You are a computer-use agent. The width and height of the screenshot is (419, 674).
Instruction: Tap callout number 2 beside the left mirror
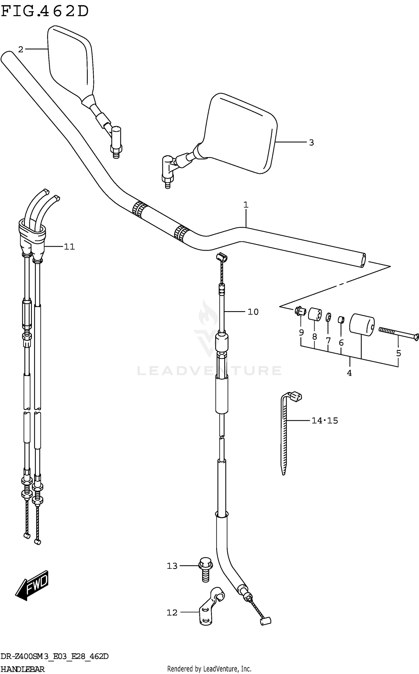pyautogui.click(x=20, y=50)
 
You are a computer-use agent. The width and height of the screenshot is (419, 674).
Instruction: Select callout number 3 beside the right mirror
pyautogui.click(x=311, y=143)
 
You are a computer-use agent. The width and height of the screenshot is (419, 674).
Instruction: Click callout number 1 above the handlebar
pyautogui.click(x=246, y=205)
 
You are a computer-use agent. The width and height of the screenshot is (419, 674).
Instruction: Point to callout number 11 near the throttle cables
pyautogui.click(x=69, y=247)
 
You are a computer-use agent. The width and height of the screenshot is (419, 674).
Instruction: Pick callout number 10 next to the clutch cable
pyautogui.click(x=253, y=312)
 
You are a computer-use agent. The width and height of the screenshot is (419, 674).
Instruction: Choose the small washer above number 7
pyautogui.click(x=329, y=318)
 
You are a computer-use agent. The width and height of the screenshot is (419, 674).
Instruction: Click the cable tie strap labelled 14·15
pyautogui.click(x=284, y=435)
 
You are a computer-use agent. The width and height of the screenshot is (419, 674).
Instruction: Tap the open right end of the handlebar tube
pyautogui.click(x=363, y=261)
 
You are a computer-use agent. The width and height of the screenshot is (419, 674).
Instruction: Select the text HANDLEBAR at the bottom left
pyautogui.click(x=22, y=669)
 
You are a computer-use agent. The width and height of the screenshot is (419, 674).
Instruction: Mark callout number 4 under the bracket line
pyautogui.click(x=349, y=373)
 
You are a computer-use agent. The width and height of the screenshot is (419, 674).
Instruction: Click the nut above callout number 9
pyautogui.click(x=300, y=311)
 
